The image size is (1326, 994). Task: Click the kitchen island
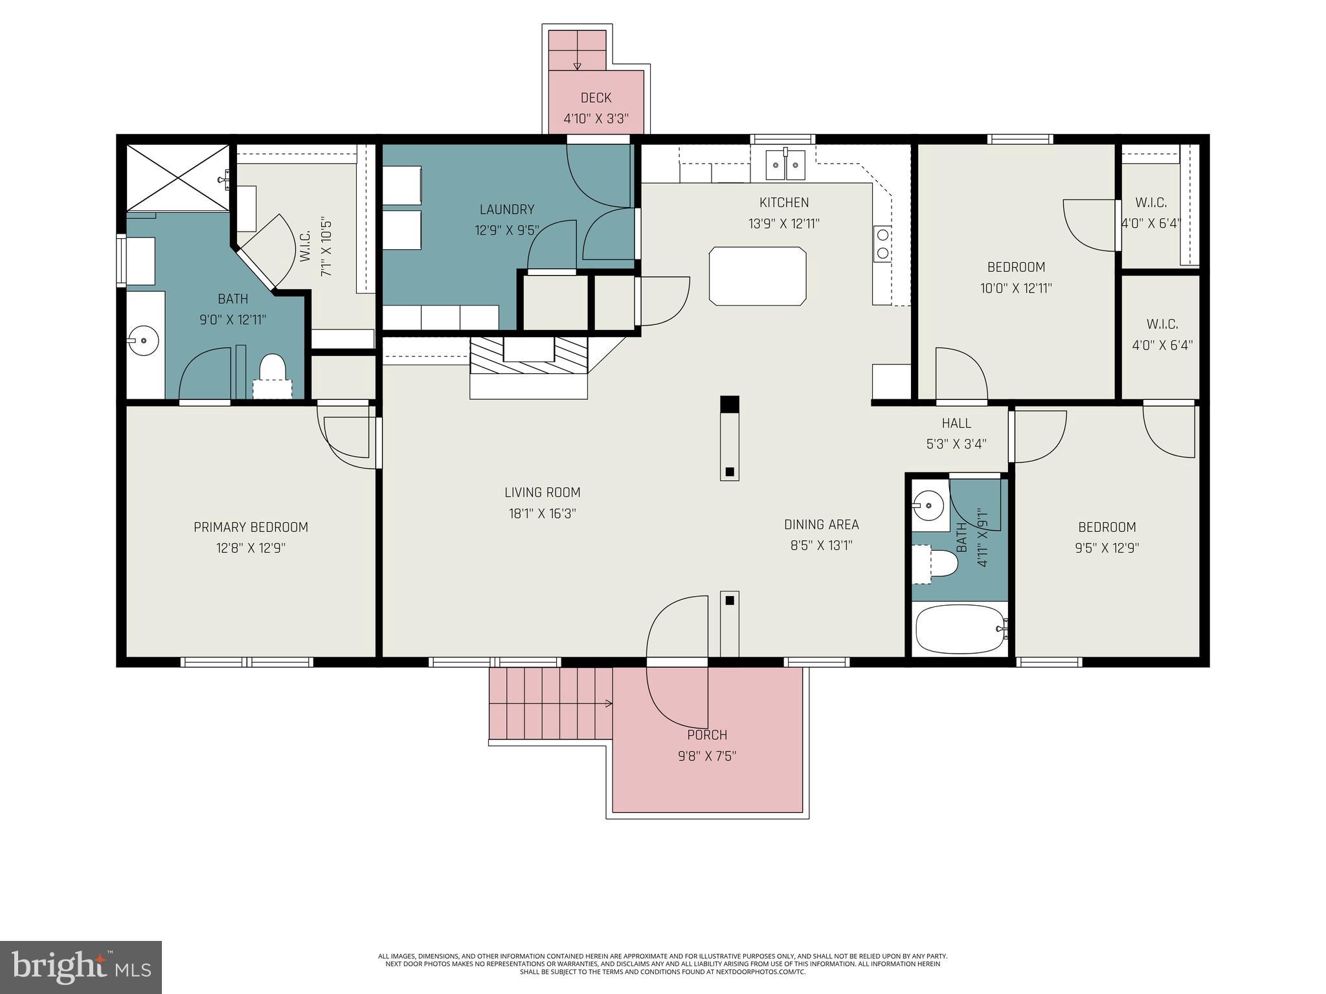[x=758, y=276]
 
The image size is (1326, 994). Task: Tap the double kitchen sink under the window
[x=785, y=165]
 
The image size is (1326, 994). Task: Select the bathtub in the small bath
[x=960, y=629]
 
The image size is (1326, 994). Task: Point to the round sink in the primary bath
[x=142, y=340]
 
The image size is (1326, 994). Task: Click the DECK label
[x=596, y=98]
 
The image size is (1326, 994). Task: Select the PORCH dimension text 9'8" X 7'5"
[x=707, y=756]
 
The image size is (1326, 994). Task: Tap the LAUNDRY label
[x=507, y=209]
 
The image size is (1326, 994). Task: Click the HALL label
[x=956, y=423]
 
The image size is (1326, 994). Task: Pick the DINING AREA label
[x=821, y=524]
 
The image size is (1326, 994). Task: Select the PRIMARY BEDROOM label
[x=251, y=527]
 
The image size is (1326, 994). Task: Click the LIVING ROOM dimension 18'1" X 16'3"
[x=542, y=514]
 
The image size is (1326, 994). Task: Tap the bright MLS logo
[x=80, y=967]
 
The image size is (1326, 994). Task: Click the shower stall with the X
[x=177, y=177]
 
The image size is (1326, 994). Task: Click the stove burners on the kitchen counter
[x=881, y=243]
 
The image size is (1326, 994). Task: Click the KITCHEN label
[x=784, y=203]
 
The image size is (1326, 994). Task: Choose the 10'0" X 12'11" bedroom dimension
[x=1016, y=288]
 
